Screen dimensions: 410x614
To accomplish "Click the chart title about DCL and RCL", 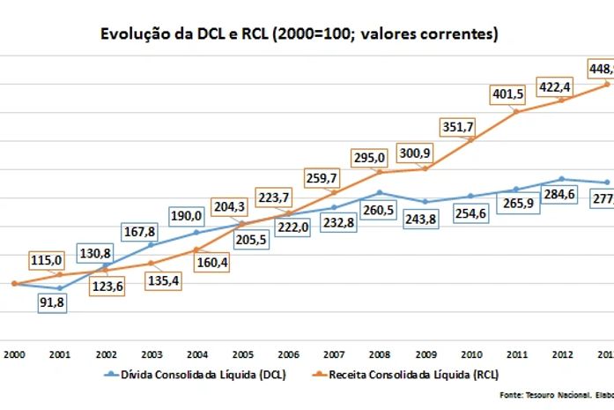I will click(x=299, y=34).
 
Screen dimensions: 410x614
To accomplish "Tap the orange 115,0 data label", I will click(x=47, y=260).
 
